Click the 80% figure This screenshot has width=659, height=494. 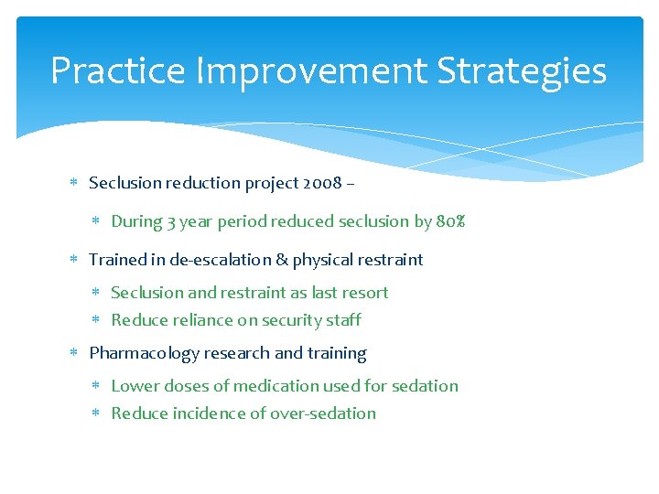pos(450,221)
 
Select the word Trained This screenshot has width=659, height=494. pos(117,260)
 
